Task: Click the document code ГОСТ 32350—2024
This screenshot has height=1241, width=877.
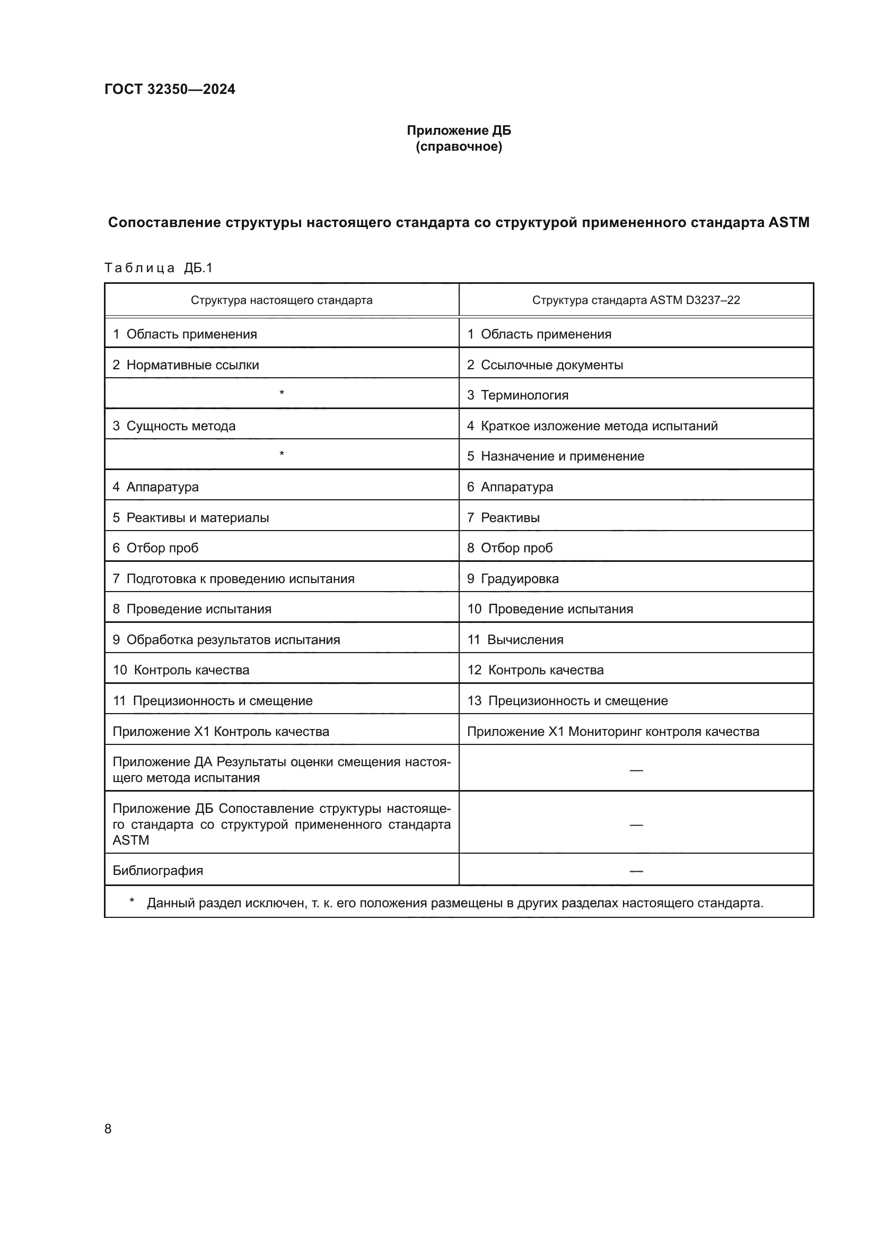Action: pyautogui.click(x=170, y=89)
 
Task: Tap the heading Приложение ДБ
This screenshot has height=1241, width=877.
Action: pyautogui.click(x=459, y=131)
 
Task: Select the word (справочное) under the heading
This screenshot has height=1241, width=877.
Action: pyautogui.click(x=459, y=146)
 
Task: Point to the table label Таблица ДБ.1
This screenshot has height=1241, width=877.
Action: pyautogui.click(x=158, y=268)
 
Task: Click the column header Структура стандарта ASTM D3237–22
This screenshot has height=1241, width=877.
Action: pyautogui.click(x=636, y=300)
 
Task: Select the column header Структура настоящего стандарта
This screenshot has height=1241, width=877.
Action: pyautogui.click(x=282, y=300)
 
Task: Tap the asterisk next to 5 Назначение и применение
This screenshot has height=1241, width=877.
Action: pyautogui.click(x=282, y=455)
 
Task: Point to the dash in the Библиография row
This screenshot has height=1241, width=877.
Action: pyautogui.click(x=636, y=871)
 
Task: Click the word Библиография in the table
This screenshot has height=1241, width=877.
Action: pyautogui.click(x=157, y=870)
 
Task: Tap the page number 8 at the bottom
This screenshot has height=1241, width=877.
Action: pyautogui.click(x=108, y=1129)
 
